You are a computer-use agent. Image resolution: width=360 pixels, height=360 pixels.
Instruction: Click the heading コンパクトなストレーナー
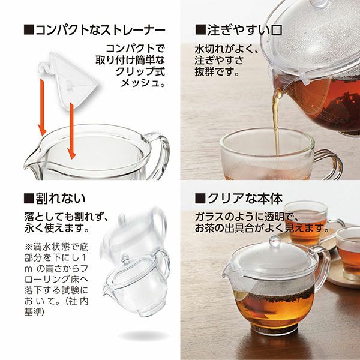click(100, 31)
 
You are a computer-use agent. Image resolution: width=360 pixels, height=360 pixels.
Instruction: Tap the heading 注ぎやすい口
click(244, 31)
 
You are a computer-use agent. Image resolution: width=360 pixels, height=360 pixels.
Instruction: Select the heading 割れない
click(61, 199)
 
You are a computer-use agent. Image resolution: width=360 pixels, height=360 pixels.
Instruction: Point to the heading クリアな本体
click(245, 199)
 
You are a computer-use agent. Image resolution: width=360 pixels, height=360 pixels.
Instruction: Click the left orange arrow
click(42, 107)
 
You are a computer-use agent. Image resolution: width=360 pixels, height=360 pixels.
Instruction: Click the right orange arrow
click(71, 131)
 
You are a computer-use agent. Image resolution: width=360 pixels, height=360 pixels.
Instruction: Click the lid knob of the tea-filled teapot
click(275, 241)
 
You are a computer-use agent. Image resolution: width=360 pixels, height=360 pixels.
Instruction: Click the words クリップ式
click(140, 71)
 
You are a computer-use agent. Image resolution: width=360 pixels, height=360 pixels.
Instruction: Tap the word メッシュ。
click(143, 83)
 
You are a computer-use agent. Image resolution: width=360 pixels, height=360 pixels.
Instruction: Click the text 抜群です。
click(217, 72)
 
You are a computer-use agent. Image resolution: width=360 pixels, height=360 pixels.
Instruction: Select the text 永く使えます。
click(57, 228)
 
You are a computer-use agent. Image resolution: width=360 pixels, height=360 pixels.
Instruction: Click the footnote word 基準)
click(34, 312)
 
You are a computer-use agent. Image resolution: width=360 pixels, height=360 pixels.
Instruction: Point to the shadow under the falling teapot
click(143, 335)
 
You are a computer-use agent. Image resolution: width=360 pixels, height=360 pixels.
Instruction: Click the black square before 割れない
click(29, 199)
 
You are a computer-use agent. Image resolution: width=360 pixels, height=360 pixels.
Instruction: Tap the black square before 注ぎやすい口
click(200, 30)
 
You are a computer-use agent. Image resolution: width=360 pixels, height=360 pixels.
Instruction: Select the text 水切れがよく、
click(227, 49)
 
